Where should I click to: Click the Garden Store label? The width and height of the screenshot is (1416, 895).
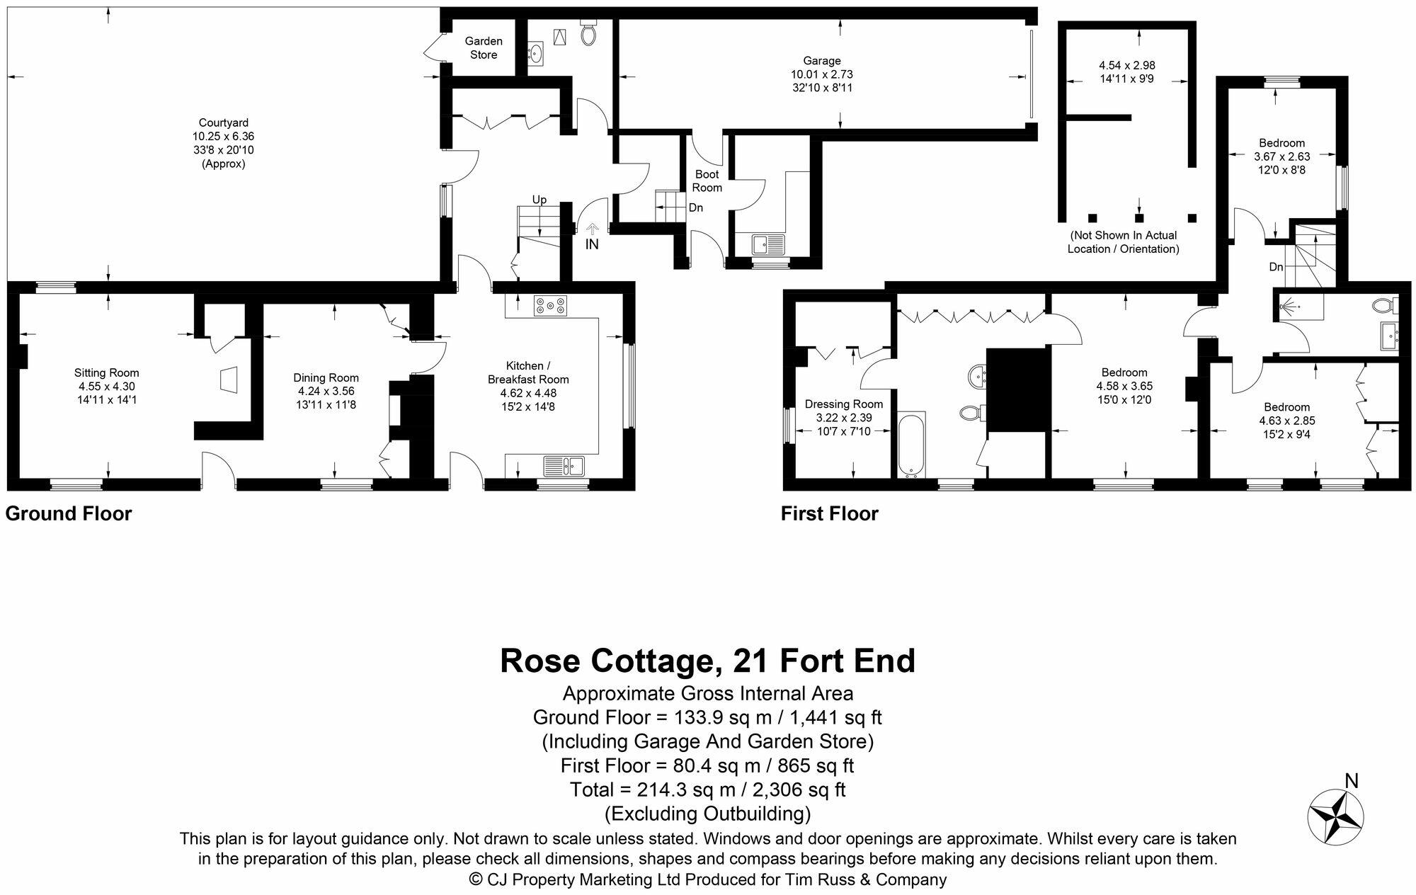(x=484, y=48)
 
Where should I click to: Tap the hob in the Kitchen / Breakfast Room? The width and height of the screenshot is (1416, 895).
(x=551, y=305)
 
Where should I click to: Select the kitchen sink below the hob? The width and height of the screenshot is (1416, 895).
(x=564, y=466)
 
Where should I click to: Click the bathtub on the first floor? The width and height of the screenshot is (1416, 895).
(x=910, y=444)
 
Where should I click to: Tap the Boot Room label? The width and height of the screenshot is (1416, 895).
(x=707, y=181)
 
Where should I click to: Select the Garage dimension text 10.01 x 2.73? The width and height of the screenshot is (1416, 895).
(x=821, y=74)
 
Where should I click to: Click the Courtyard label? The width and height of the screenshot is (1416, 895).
(x=223, y=122)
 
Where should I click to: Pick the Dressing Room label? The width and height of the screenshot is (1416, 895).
(x=844, y=404)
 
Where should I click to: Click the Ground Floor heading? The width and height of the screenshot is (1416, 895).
(x=69, y=513)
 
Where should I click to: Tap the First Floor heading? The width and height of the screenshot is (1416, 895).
(x=829, y=513)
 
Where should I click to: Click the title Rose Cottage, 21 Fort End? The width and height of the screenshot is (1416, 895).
(x=707, y=661)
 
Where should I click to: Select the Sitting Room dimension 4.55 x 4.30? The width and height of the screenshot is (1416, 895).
(x=107, y=387)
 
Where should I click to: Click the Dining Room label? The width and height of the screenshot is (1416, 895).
(x=326, y=378)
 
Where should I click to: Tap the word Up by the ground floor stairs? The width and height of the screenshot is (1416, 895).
(x=539, y=200)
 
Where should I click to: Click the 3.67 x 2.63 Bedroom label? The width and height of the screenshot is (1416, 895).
(x=1281, y=156)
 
